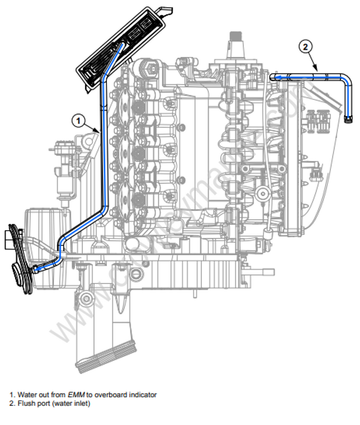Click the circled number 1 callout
(77, 120)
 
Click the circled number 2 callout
(306, 46)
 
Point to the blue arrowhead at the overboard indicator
(35, 269)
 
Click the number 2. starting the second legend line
(12, 403)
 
